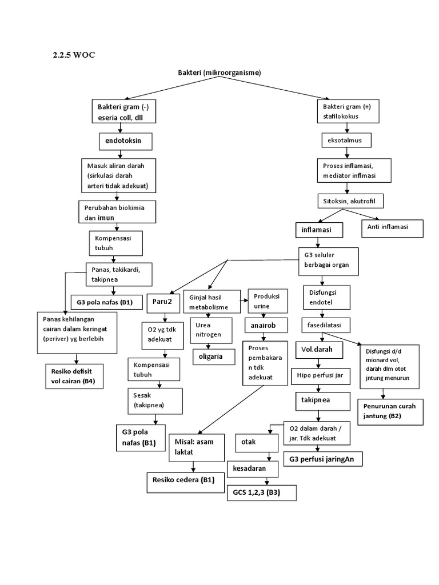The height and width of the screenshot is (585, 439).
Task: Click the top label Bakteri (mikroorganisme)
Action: click(219, 73)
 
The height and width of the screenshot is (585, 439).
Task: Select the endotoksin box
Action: click(119, 139)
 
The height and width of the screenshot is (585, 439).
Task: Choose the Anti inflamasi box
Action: click(392, 227)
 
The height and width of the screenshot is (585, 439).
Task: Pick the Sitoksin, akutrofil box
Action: click(350, 201)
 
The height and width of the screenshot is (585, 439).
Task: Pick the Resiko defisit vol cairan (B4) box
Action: click(73, 375)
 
